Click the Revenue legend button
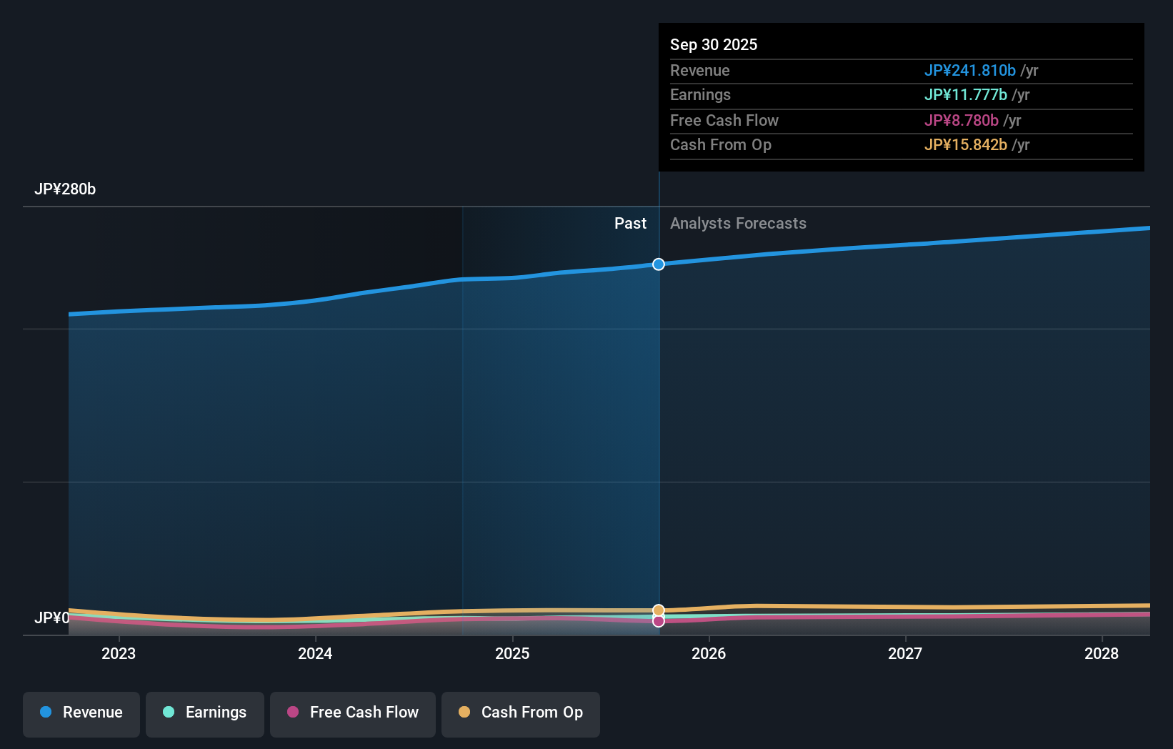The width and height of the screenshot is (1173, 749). [x=81, y=713]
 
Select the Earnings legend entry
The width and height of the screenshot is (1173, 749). [x=205, y=713]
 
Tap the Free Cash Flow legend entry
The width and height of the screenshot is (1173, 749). [x=353, y=713]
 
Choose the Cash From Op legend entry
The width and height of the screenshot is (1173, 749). [x=521, y=713]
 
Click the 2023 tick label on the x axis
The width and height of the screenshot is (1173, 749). [x=119, y=654]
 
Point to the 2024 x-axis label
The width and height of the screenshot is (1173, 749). [x=315, y=654]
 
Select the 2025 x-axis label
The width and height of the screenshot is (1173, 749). [x=512, y=654]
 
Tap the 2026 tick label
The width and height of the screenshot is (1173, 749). [x=709, y=654]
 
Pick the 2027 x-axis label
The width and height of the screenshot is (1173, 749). [x=905, y=654]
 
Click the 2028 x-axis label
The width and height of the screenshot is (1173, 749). [x=1102, y=654]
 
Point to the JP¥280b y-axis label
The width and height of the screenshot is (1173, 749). [x=65, y=189]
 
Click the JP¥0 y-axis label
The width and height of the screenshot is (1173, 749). [x=52, y=618]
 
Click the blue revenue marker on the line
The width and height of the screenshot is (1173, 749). [x=659, y=264]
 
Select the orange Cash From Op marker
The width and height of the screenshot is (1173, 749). [x=659, y=610]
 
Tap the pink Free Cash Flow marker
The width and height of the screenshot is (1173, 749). [x=659, y=621]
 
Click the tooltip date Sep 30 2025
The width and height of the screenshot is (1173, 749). [x=714, y=45]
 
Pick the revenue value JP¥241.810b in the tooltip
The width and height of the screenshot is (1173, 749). [x=969, y=71]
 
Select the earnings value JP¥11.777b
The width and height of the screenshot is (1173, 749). [x=965, y=95]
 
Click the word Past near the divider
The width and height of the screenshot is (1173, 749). [x=630, y=224]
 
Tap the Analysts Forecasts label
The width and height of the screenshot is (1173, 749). [x=738, y=224]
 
